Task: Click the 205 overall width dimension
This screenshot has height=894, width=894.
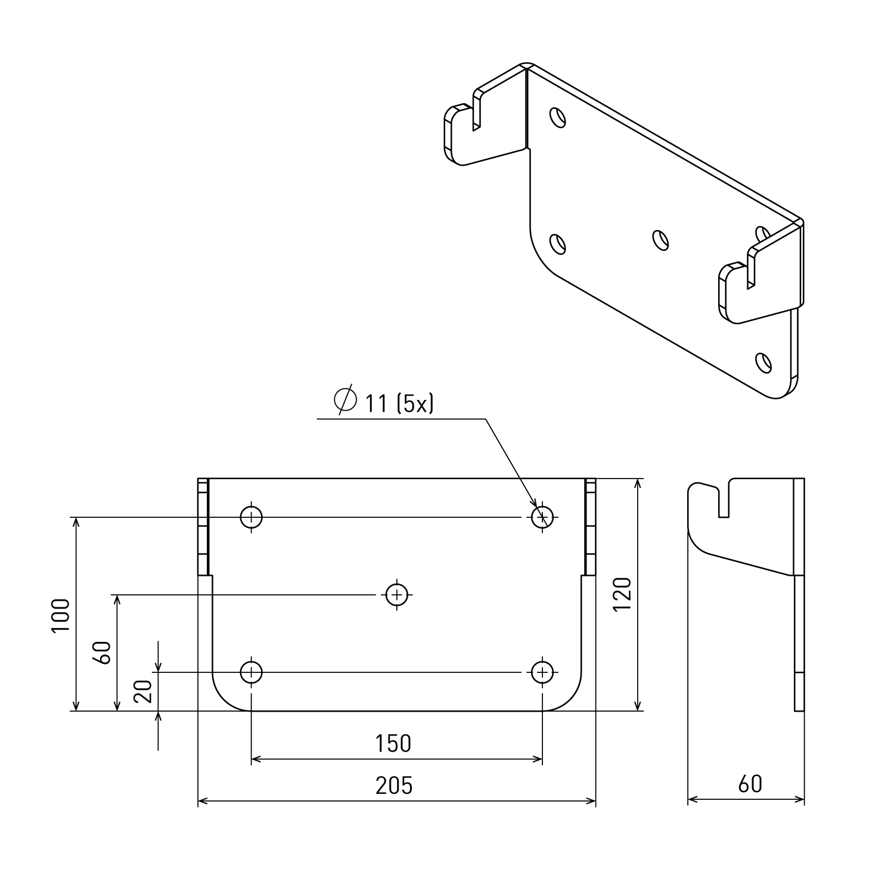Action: tap(394, 786)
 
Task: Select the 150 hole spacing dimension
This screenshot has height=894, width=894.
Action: tap(393, 743)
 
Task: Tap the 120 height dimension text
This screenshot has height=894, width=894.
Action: tap(622, 594)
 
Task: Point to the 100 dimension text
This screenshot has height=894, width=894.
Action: tap(61, 616)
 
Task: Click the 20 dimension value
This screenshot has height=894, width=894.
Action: tap(144, 691)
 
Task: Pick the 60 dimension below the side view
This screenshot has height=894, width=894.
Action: tap(750, 784)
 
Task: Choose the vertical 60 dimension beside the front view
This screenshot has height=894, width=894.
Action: tap(103, 653)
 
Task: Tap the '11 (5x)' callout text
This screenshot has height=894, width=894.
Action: tap(399, 404)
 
